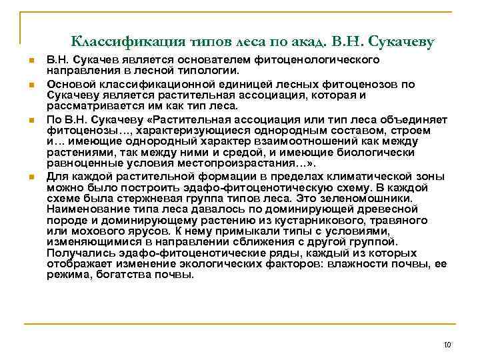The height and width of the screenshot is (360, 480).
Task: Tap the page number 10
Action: click(x=447, y=344)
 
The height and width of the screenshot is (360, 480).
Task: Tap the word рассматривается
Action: click(x=86, y=105)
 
